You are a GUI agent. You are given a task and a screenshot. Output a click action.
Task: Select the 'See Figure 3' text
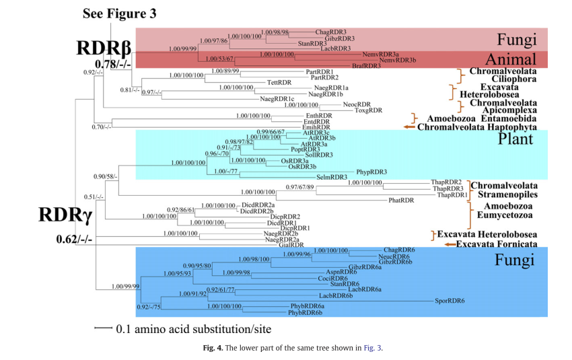pos(120,13)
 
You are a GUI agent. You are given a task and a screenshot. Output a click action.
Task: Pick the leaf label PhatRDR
pos(400,201)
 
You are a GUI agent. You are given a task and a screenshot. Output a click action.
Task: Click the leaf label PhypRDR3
pos(372,171)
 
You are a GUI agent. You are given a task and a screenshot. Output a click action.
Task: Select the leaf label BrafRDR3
pos(367,66)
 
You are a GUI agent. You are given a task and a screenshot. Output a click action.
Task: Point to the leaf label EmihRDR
pos(315,127)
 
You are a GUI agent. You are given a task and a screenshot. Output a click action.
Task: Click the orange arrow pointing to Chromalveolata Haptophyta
pos(408,126)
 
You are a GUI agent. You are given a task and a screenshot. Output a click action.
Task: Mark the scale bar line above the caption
pos(104,328)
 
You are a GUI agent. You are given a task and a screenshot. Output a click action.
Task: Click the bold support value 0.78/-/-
pos(105,64)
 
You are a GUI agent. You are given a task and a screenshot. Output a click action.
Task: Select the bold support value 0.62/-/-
pos(74,239)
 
